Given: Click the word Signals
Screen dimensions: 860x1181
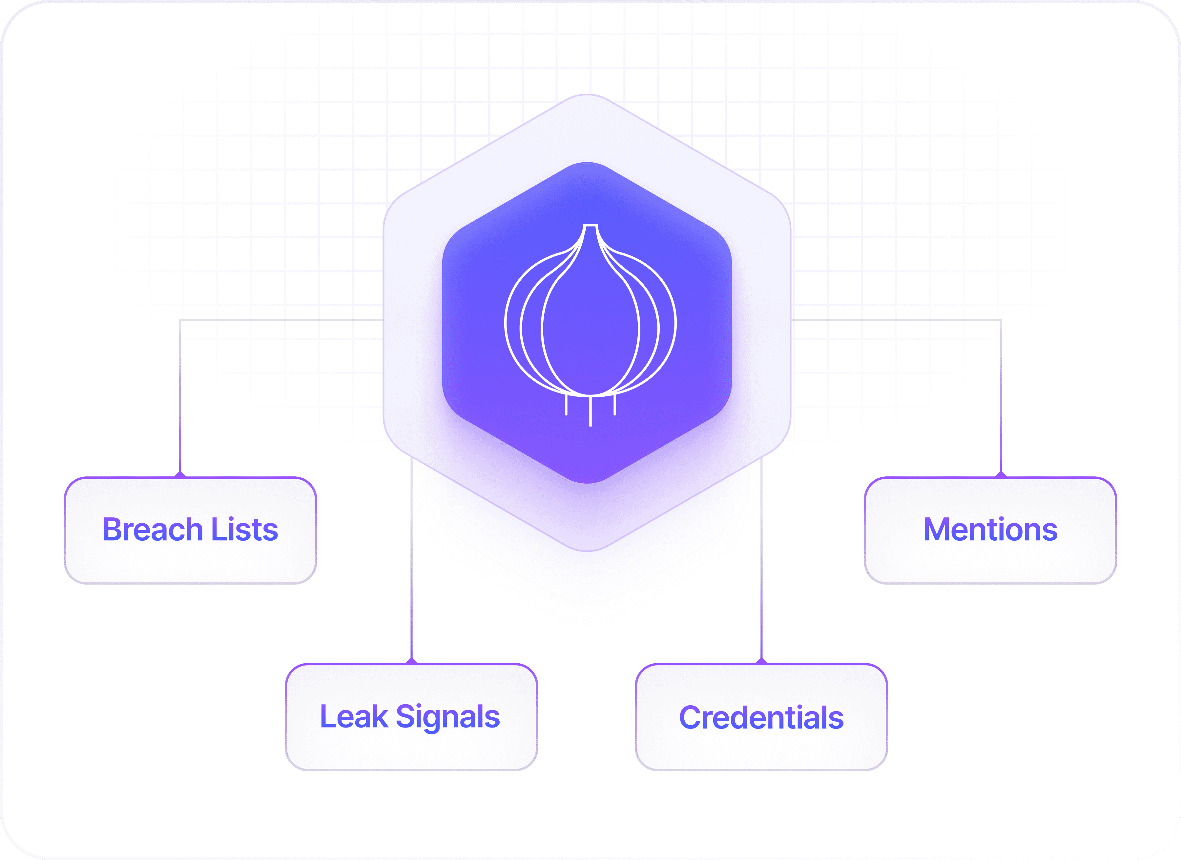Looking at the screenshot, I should pyautogui.click(x=448, y=717).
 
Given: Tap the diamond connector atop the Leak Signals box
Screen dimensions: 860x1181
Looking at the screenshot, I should pyautogui.click(x=411, y=661).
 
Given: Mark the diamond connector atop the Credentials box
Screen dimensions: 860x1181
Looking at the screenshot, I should pyautogui.click(x=761, y=661).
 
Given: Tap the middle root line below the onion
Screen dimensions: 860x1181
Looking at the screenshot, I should pyautogui.click(x=590, y=411).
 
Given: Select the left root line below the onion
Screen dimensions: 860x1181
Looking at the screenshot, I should pyautogui.click(x=566, y=405).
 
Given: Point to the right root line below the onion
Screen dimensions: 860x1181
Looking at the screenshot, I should pyautogui.click(x=615, y=405).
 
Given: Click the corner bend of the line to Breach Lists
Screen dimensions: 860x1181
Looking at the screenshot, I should pyautogui.click(x=180, y=320).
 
